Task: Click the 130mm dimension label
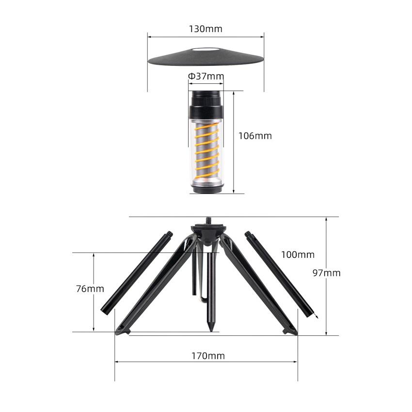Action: [206, 29]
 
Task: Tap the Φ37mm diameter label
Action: [206, 76]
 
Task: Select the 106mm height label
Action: [255, 136]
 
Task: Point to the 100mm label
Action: [298, 254]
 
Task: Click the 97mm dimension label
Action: [326, 273]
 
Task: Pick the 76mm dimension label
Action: [90, 289]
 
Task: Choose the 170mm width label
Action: [208, 356]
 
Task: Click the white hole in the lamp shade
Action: [206, 49]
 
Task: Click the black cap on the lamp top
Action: [206, 105]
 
